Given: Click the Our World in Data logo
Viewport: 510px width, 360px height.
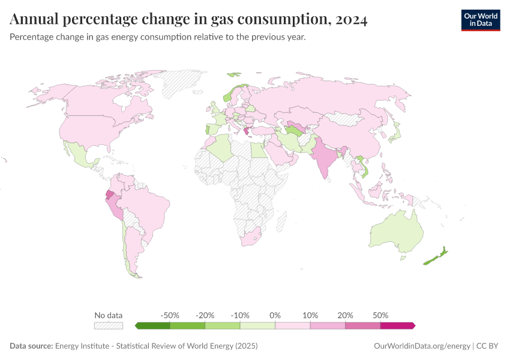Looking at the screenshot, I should [480, 20].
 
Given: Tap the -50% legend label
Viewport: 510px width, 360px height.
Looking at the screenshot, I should [170, 315].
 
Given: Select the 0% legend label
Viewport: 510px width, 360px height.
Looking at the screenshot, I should [275, 315].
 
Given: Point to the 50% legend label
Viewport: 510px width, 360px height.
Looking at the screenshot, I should [380, 315].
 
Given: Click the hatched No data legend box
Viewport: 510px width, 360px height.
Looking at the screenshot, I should [109, 325].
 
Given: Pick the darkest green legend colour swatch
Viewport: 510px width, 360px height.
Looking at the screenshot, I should [153, 325].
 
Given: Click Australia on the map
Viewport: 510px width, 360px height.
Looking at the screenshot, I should [396, 234].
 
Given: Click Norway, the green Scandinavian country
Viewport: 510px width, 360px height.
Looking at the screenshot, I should [228, 96].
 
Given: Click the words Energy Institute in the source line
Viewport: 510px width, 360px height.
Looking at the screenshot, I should [80, 346].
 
